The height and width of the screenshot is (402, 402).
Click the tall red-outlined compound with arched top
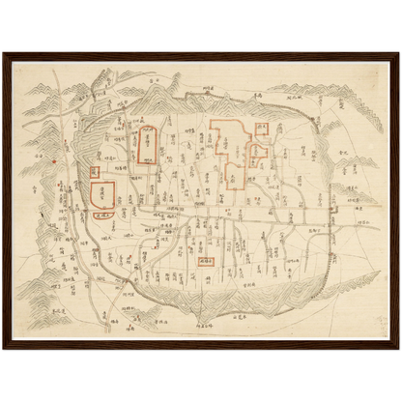[x=146, y=146]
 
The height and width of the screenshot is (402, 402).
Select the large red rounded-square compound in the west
[x=102, y=194]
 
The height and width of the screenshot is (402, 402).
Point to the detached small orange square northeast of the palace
[x=262, y=128]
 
